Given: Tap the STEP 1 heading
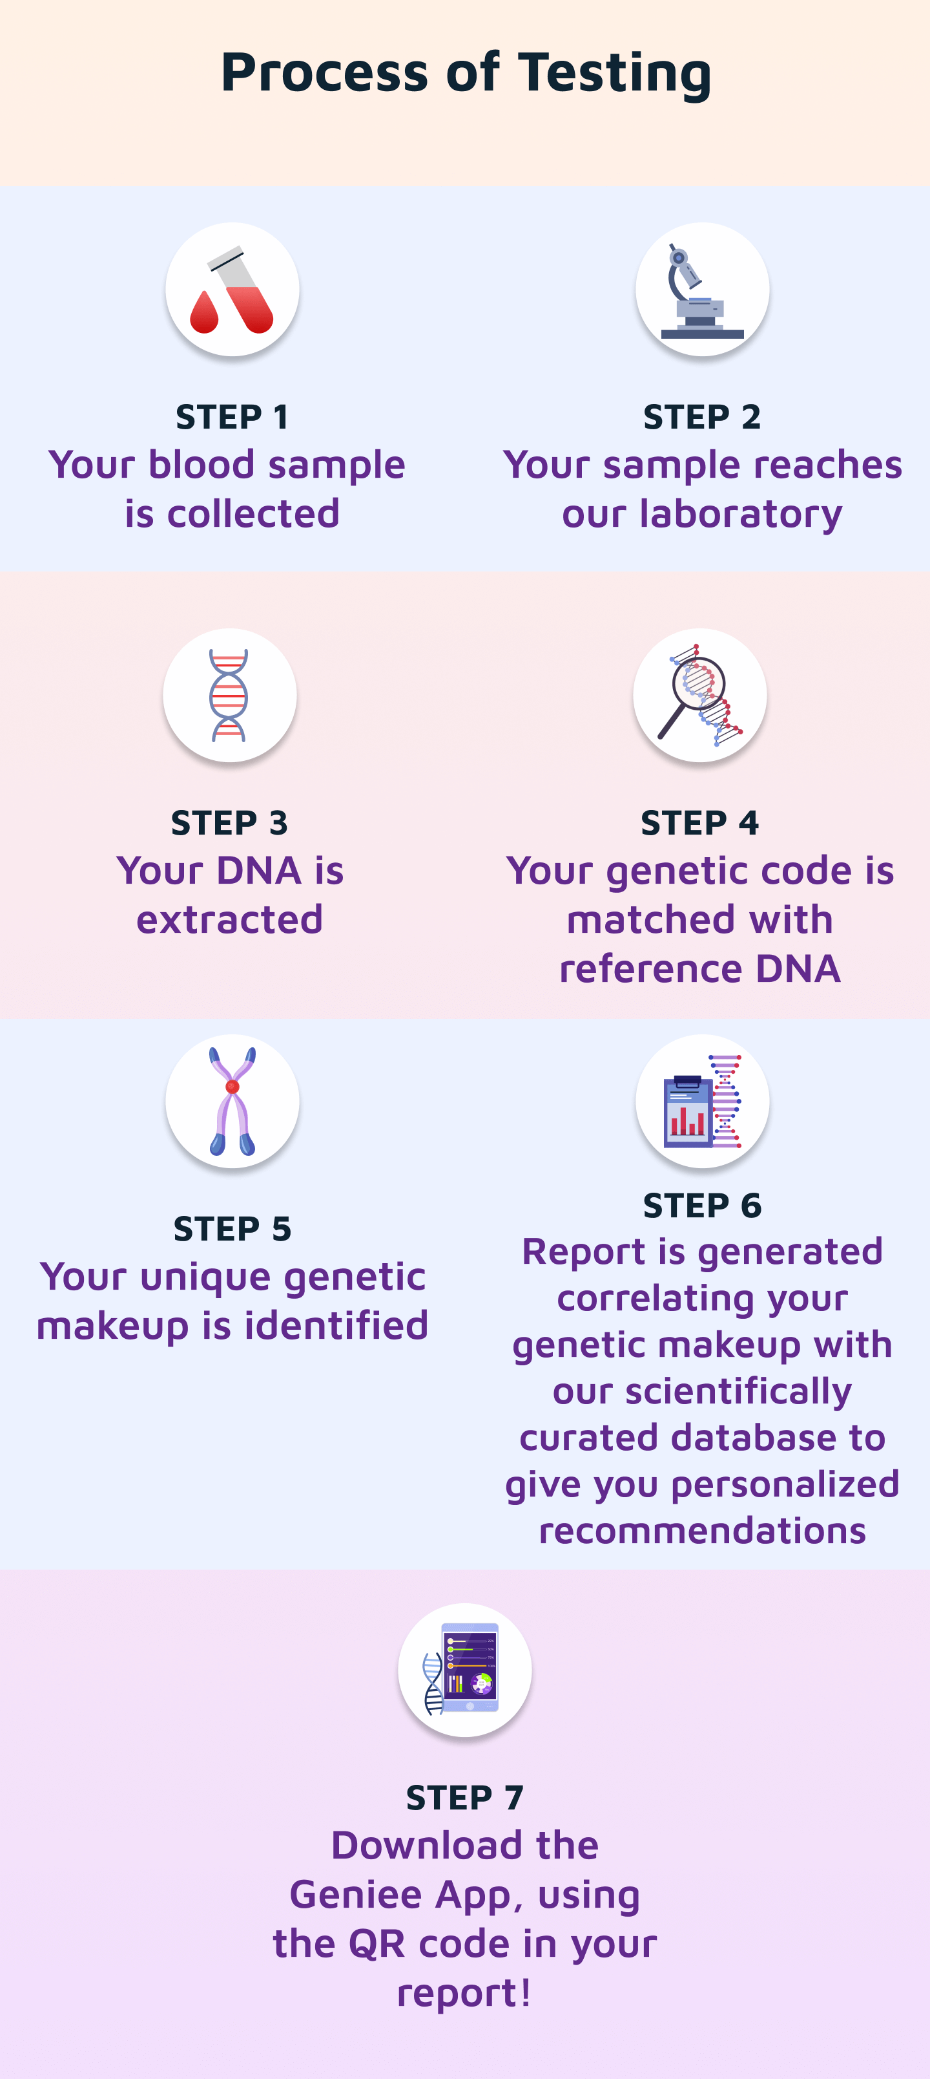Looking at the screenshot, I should pyautogui.click(x=232, y=417).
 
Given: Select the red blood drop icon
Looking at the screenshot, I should pyautogui.click(x=204, y=313).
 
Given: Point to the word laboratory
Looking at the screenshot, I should pyautogui.click(x=741, y=514).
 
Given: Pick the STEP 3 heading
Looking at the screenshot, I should pyautogui.click(x=230, y=823).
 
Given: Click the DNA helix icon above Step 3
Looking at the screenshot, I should pyautogui.click(x=229, y=695).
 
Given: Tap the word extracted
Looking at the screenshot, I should pyautogui.click(x=230, y=920).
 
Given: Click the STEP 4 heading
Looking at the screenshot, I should pyautogui.click(x=699, y=823).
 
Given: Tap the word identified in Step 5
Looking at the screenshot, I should pyautogui.click(x=336, y=1326).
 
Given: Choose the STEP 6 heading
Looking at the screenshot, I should pyautogui.click(x=702, y=1206).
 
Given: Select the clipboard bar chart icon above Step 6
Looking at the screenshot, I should pyautogui.click(x=687, y=1111).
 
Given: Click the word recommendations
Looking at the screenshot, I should pyautogui.click(x=702, y=1531).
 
